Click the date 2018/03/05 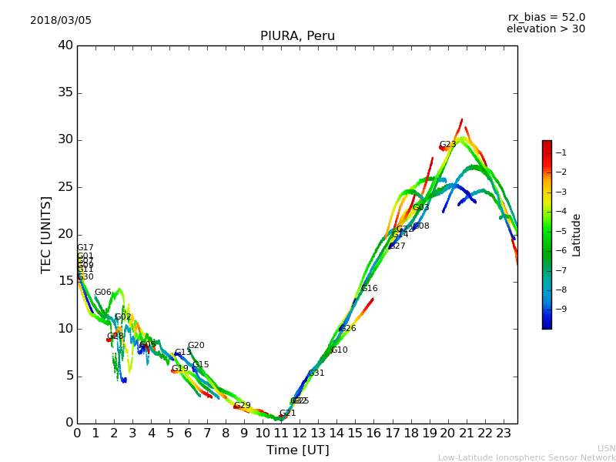(x=61, y=21)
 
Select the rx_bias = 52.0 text (x=546, y=18)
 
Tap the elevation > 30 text (x=545, y=29)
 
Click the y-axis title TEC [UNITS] (x=46, y=235)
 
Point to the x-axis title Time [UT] (x=297, y=450)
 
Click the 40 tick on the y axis (x=65, y=45)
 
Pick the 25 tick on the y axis (x=65, y=187)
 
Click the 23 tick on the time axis (x=504, y=434)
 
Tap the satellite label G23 (x=447, y=145)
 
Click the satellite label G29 (x=243, y=406)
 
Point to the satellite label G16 (x=370, y=289)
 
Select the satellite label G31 (x=316, y=373)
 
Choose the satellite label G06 (x=102, y=293)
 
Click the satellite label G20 (x=196, y=346)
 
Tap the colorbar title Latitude (x=577, y=235)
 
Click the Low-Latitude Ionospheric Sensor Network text (x=527, y=458)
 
